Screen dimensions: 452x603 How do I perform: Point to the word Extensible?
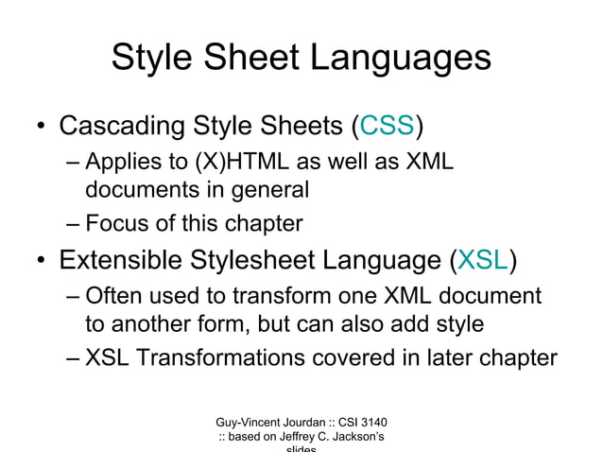[129, 260]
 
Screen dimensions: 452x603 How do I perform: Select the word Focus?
[114, 224]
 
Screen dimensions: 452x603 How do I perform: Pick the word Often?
[114, 297]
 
